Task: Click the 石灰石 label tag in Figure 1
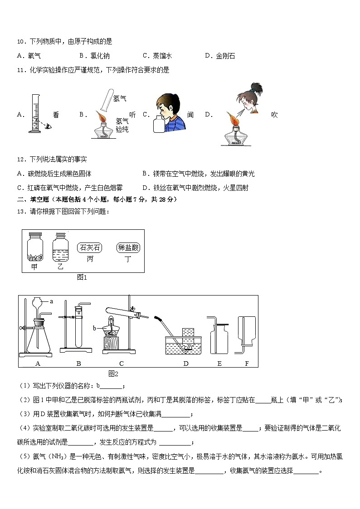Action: pyautogui.click(x=90, y=247)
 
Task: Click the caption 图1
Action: pyautogui.click(x=82, y=277)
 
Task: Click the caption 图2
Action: pyautogui.click(x=113, y=373)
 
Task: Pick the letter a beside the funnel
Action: pyautogui.click(x=51, y=301)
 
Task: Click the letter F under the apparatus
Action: pyautogui.click(x=247, y=363)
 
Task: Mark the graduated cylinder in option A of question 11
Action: pyautogui.click(x=34, y=113)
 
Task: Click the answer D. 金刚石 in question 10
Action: pyautogui.click(x=220, y=56)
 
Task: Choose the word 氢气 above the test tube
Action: pyautogui.click(x=120, y=98)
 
